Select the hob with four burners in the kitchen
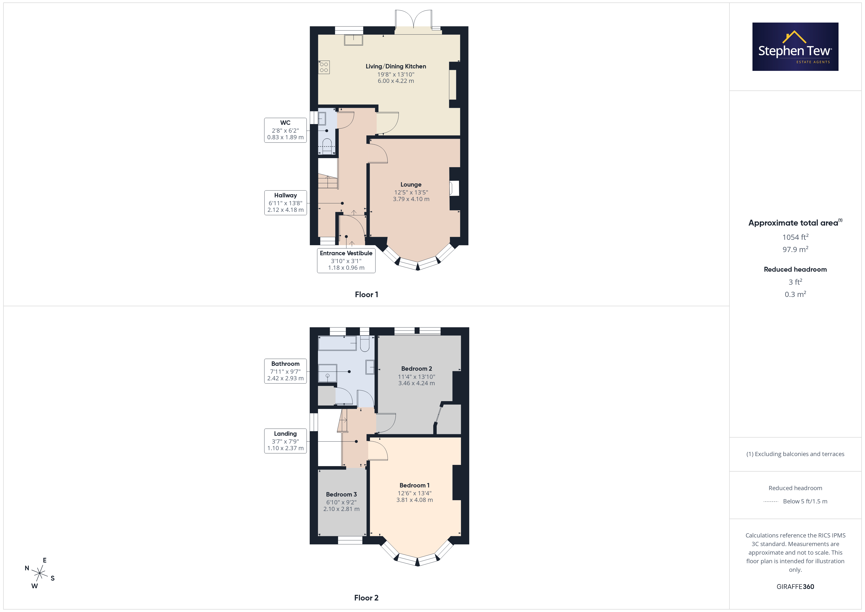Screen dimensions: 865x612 point(324,67)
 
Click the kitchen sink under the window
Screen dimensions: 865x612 point(353,40)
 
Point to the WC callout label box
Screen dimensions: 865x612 point(285,130)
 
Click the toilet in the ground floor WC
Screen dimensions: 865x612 point(327,146)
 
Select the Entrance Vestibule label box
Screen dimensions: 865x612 point(346,260)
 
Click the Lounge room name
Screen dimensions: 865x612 point(411,185)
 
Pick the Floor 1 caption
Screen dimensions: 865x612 point(366,295)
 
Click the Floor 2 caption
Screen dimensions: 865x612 point(366,598)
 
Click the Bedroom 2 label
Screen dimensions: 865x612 point(416,369)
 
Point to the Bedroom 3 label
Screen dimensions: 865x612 point(341,494)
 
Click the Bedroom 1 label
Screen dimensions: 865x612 point(414,485)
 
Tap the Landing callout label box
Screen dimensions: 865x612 point(285,441)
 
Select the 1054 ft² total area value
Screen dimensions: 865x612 point(795,237)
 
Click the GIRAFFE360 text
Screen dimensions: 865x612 point(795,587)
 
